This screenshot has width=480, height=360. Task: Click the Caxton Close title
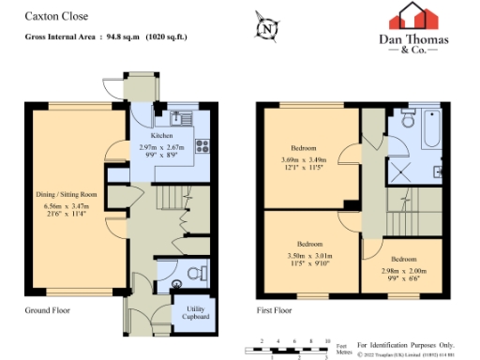coord(50,18)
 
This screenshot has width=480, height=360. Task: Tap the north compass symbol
coord(269,27)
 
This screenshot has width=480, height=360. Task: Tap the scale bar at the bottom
coord(291,349)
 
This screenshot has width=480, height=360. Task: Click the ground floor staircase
coord(170,200)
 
